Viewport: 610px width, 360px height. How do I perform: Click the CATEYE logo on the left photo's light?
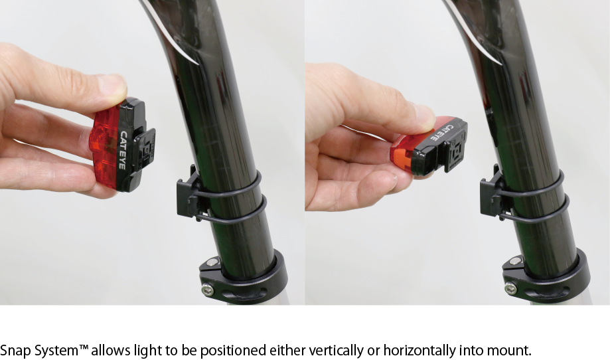click(122, 150)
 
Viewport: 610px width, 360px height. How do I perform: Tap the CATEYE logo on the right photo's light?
click(442, 132)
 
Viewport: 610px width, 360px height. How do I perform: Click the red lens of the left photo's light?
click(105, 147)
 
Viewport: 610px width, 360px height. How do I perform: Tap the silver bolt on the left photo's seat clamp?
click(207, 290)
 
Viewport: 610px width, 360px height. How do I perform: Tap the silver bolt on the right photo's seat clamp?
click(510, 289)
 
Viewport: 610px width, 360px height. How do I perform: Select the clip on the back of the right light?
click(455, 149)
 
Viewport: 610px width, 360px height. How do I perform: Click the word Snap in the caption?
click(15, 351)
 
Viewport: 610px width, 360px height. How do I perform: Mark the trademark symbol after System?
click(84, 347)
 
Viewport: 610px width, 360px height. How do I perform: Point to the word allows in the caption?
click(112, 350)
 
